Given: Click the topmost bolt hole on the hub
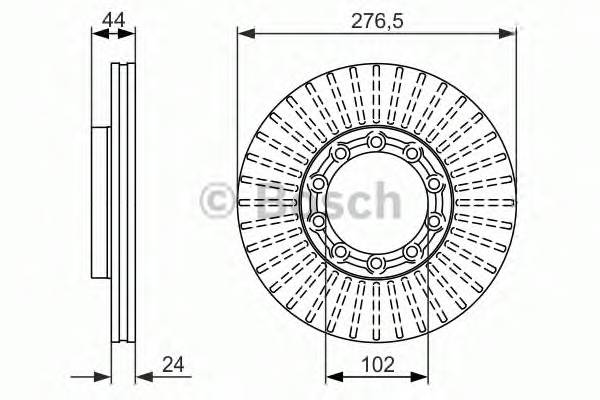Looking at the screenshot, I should pos(376,142).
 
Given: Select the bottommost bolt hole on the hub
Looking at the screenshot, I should pos(376,263).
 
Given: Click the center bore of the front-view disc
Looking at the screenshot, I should pos(376,202).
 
